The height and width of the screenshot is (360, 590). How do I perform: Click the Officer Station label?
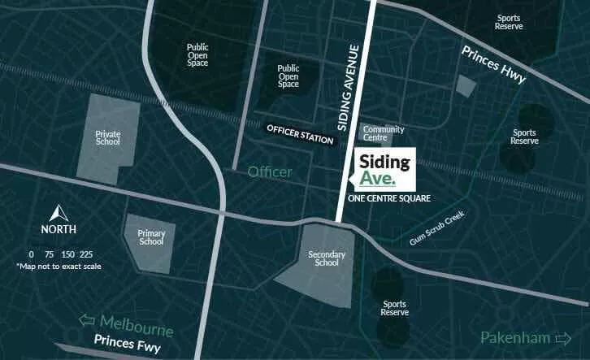(x=301, y=134)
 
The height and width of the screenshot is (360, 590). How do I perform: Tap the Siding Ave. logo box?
(x=385, y=167)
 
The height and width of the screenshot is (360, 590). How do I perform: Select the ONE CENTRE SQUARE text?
(x=388, y=198)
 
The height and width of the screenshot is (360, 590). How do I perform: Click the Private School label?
(x=107, y=137)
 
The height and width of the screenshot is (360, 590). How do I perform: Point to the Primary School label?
(x=151, y=238)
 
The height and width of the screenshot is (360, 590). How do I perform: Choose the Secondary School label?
(x=323, y=258)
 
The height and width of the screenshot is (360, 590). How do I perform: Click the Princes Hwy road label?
(x=494, y=63)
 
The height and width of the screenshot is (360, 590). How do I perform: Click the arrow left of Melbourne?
(x=86, y=321)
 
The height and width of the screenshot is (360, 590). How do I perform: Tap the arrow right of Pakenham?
(x=562, y=337)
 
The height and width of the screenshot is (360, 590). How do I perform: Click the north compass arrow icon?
(x=59, y=214)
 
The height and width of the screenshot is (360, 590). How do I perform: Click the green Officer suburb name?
(x=269, y=171)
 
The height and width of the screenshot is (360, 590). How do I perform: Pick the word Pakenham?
(x=515, y=337)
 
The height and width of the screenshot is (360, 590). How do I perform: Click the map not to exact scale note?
(x=59, y=266)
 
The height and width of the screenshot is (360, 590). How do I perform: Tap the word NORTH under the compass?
(x=59, y=230)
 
